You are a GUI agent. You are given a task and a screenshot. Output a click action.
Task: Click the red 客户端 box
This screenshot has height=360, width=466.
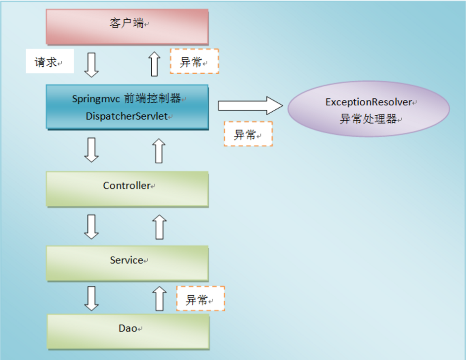coord(127,26)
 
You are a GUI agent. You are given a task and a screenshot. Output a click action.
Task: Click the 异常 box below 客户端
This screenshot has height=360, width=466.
coord(194,61)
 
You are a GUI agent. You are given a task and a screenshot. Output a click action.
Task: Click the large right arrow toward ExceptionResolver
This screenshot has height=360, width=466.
coord(250,105)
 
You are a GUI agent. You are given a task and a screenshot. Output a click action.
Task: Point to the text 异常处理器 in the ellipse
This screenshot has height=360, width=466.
coord(368,119)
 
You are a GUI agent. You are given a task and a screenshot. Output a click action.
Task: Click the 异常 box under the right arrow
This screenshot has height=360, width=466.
coord(248,134)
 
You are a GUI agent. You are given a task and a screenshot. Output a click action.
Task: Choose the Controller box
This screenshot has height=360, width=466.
coord(127,188)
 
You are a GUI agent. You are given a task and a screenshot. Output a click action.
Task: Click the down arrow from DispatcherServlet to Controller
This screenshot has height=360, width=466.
coord(91,150)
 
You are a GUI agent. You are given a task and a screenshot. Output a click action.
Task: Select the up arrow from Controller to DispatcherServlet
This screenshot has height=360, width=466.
coord(159,150)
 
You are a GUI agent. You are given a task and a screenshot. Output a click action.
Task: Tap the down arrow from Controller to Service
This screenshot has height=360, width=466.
coord(91,226)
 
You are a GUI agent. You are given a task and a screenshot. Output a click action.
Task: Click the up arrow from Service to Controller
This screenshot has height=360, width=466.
coord(159,226)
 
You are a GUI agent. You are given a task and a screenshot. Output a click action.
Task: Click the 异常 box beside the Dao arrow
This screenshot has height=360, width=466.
coord(200,299)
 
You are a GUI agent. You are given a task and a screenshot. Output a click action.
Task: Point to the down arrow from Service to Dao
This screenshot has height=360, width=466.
coord(91,298)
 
